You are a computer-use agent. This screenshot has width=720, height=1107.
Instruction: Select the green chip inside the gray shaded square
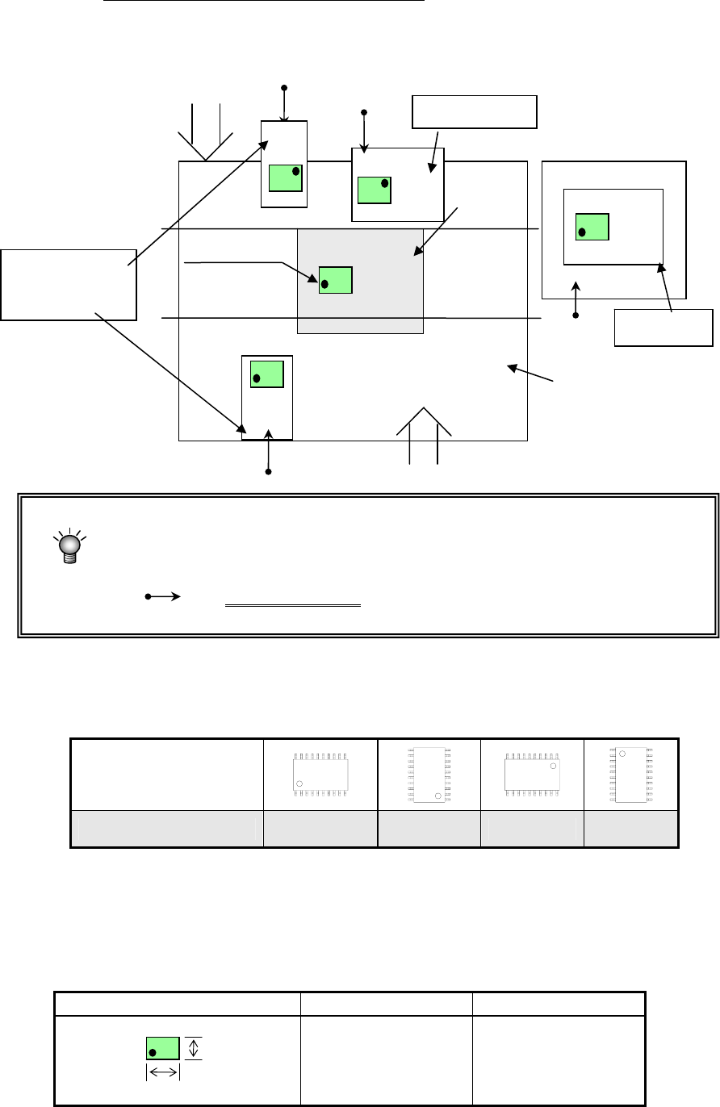pos(336,279)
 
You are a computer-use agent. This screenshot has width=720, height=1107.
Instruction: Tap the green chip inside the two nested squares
pos(592,227)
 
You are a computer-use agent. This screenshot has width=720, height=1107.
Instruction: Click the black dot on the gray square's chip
pos(324,284)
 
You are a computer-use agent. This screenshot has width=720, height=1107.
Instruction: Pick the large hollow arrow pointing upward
pos(424,436)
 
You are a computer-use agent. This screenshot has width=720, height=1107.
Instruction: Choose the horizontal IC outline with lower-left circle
pos(320,775)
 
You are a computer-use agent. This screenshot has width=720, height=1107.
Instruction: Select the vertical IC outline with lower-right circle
pos(429,774)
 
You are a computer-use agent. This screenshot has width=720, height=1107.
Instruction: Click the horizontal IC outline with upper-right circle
pos(532,775)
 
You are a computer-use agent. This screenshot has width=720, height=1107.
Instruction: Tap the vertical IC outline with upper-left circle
pos(630,775)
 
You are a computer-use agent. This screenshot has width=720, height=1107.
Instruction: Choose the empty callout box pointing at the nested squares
pos(663,327)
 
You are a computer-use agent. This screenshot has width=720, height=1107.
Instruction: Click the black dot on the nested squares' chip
pos(582,232)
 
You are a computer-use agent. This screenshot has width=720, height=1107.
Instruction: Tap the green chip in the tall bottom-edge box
pos(267,374)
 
